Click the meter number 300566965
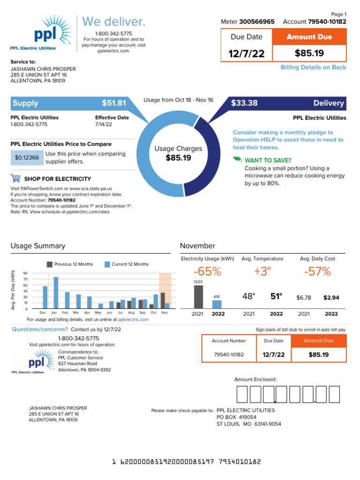(x=257, y=22)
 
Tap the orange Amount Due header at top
(x=309, y=37)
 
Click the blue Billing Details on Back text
(x=313, y=67)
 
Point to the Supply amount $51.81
(x=114, y=103)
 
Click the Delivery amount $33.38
(x=244, y=103)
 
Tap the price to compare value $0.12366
(x=27, y=158)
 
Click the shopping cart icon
(x=15, y=179)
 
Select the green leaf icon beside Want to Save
(x=237, y=160)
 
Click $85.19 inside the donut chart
(x=179, y=158)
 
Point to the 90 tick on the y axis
(x=25, y=273)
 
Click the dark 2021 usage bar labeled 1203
(x=198, y=296)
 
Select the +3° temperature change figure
(x=262, y=271)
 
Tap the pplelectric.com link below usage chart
(x=133, y=319)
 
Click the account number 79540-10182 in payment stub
(x=229, y=355)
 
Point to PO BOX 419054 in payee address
(x=236, y=417)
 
